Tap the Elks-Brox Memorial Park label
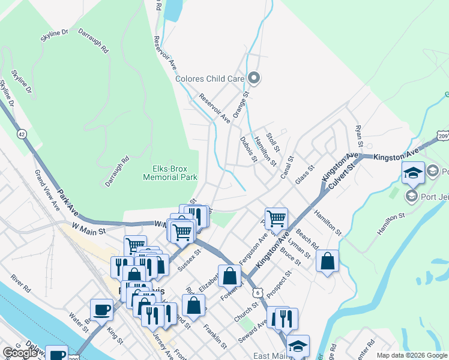pyautogui.click(x=170, y=173)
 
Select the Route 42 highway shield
pyautogui.click(x=22, y=134)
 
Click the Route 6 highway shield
pyautogui.click(x=258, y=292)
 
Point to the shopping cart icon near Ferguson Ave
pyautogui.click(x=276, y=218)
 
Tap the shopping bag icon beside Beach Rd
pyautogui.click(x=327, y=260)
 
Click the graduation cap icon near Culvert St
pyautogui.click(x=413, y=173)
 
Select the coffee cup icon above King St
pyautogui.click(x=101, y=310)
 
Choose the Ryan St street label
pyautogui.click(x=359, y=136)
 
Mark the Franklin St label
pyautogui.click(x=214, y=337)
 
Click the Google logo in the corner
pyautogui.click(x=20, y=353)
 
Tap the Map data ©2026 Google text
pyautogui.click(x=412, y=355)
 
